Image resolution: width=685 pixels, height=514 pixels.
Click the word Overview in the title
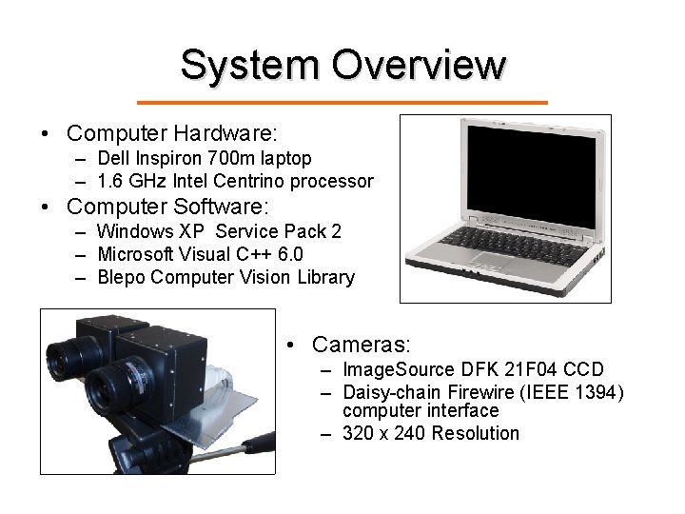click(x=419, y=65)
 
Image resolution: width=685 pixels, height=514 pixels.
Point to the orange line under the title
click(x=342, y=102)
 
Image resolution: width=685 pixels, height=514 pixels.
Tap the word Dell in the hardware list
click(x=112, y=158)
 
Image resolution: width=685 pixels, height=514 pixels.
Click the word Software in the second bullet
click(x=221, y=206)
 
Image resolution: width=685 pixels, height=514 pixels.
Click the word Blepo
click(x=121, y=278)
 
